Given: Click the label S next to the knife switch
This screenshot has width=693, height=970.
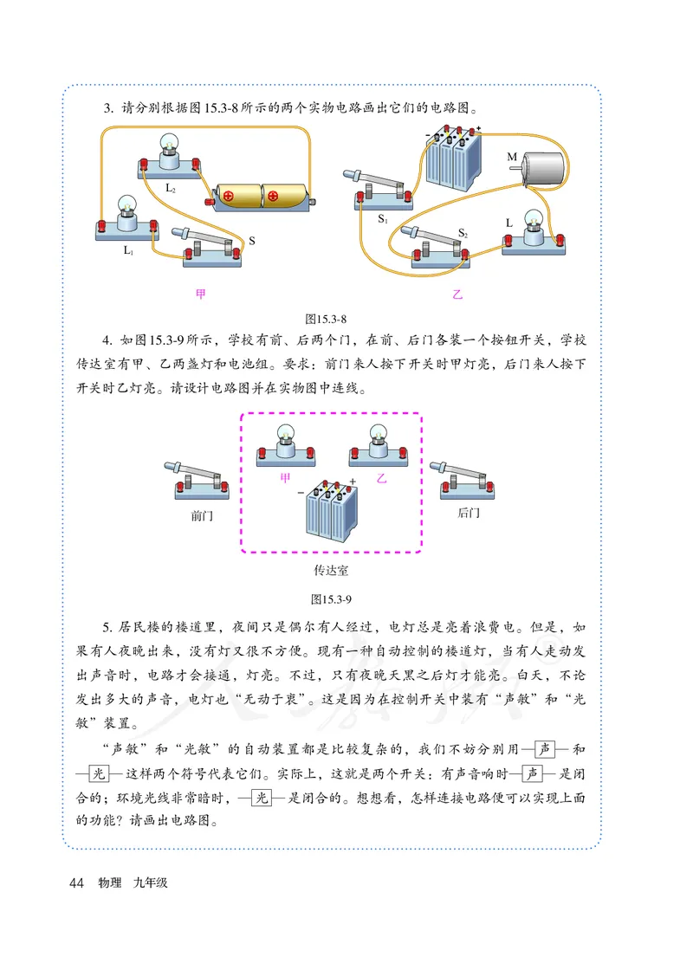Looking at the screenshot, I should (x=252, y=240).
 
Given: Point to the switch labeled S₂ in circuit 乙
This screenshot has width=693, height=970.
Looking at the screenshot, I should (x=442, y=247).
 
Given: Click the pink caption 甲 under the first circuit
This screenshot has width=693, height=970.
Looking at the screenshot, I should (x=202, y=294).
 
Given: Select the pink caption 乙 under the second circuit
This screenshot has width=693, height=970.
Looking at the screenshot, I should (x=457, y=294).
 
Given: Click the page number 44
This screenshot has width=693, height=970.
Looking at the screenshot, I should (x=74, y=883).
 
